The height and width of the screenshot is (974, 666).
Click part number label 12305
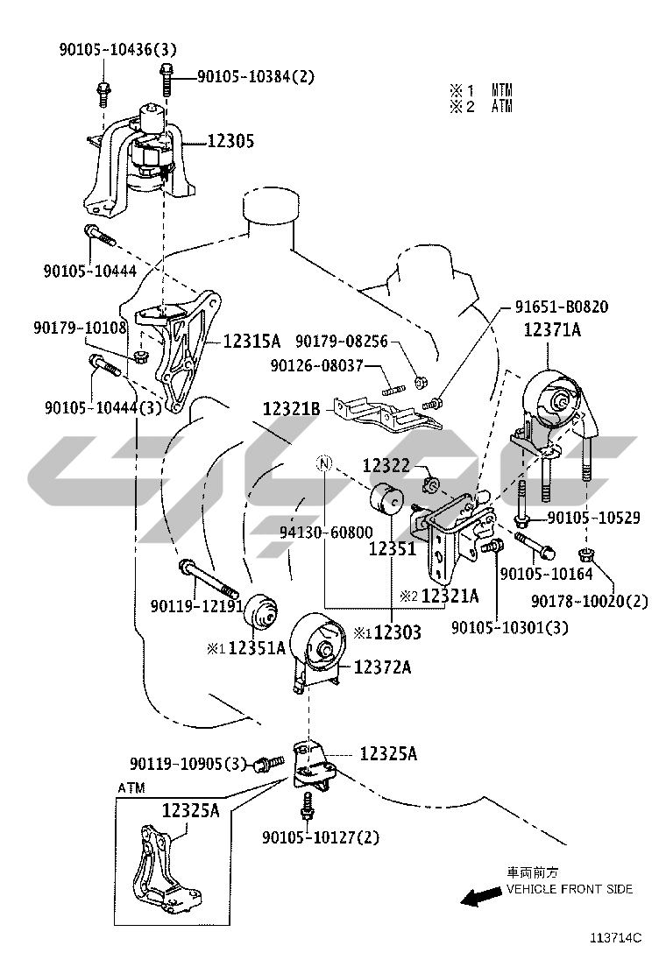pyautogui.click(x=231, y=140)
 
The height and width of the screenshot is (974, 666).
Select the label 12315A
pyautogui.click(x=252, y=340)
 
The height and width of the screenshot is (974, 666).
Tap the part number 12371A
pyautogui.click(x=553, y=330)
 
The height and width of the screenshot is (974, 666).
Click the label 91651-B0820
pyautogui.click(x=561, y=307)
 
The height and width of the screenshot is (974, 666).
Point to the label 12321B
pyautogui.click(x=292, y=407)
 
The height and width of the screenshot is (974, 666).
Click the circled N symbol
pyautogui.click(x=324, y=463)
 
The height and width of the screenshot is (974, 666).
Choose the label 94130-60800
pyautogui.click(x=326, y=532)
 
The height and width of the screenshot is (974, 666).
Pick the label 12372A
pyautogui.click(x=383, y=667)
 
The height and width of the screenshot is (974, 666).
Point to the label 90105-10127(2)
pyautogui.click(x=321, y=837)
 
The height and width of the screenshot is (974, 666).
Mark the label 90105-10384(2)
pyautogui.click(x=255, y=77)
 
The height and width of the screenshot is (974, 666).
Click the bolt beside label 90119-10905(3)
pyautogui.click(x=268, y=764)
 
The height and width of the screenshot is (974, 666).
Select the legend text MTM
pyautogui.click(x=501, y=90)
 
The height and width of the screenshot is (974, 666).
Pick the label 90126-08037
pyautogui.click(x=326, y=367)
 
